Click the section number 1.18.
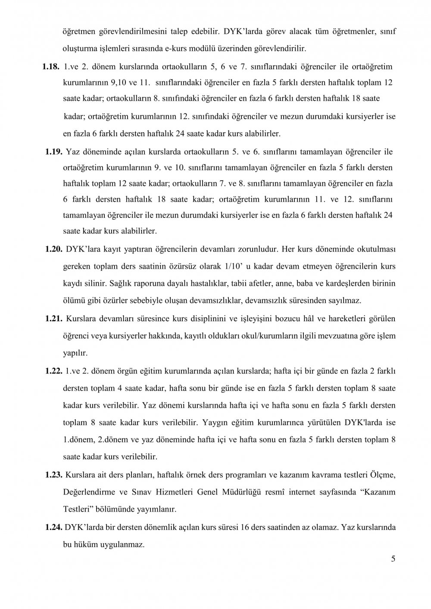coord(51,67)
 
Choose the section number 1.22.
coord(54,372)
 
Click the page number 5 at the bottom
coord(393,559)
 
